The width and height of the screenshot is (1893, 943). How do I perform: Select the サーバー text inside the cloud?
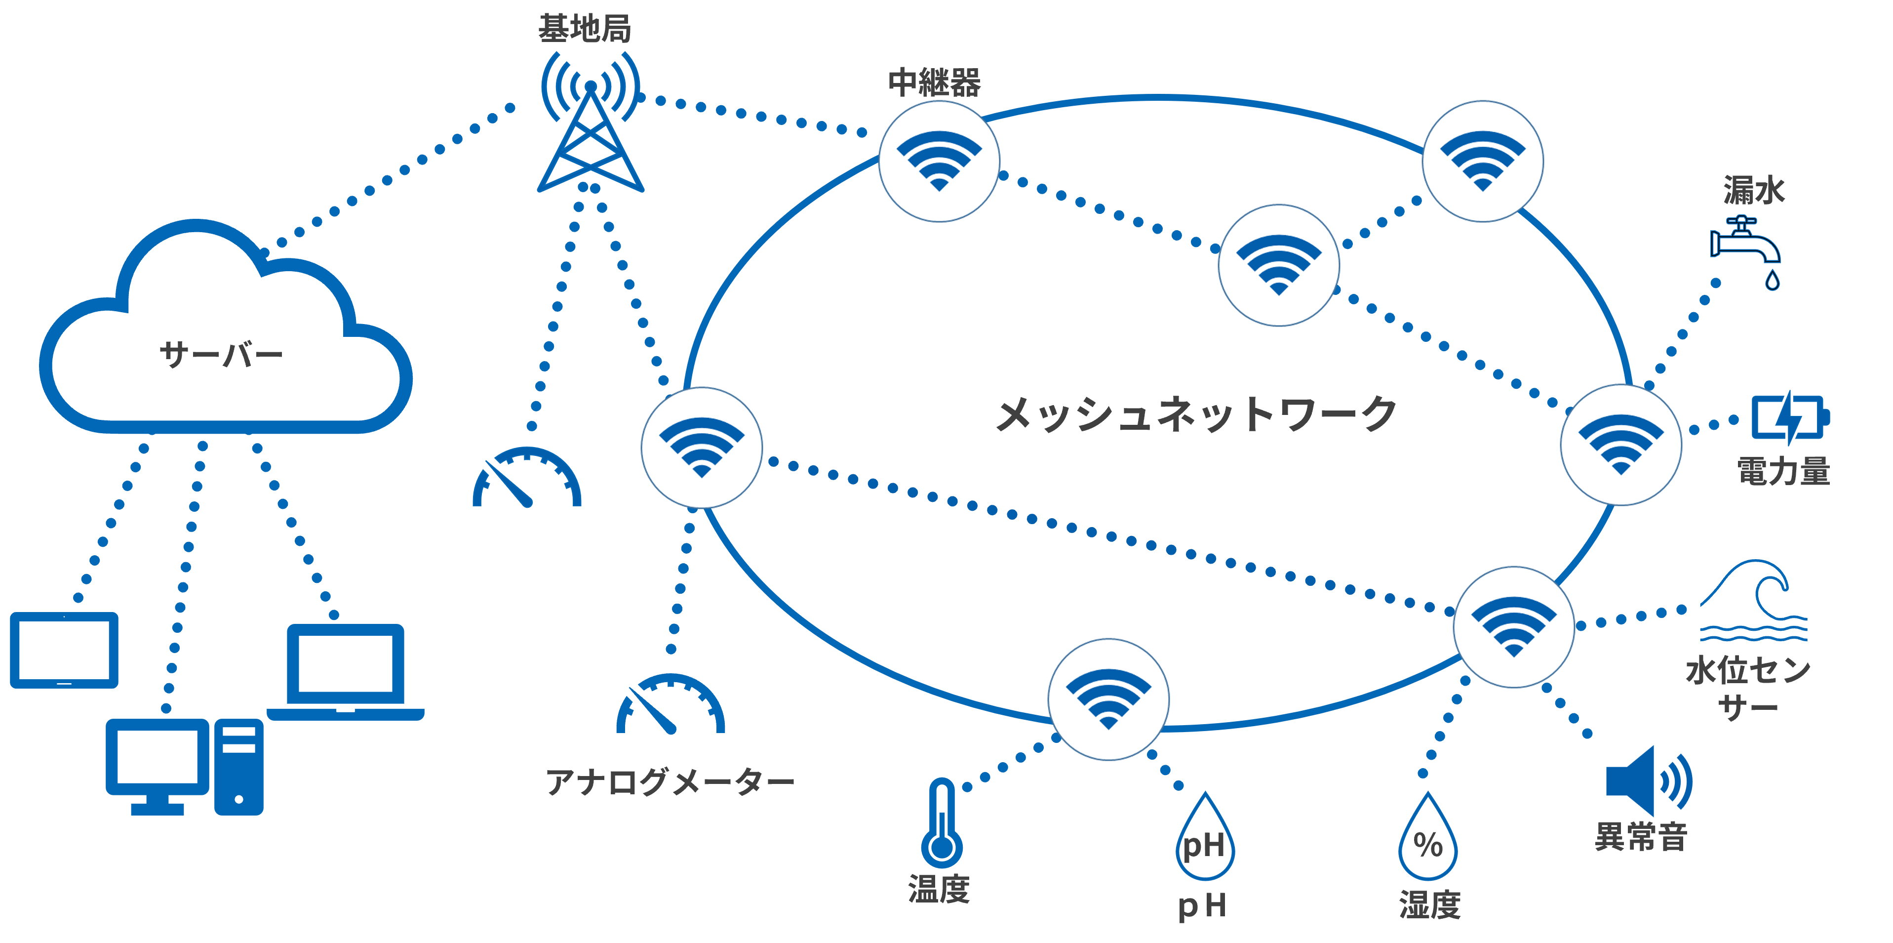coord(221,355)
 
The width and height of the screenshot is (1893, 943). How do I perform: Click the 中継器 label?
coord(934,82)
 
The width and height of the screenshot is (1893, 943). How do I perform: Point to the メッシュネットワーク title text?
coord(1196,414)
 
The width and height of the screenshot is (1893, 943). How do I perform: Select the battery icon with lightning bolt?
coord(1790,417)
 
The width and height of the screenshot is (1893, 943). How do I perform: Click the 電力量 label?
coord(1783,470)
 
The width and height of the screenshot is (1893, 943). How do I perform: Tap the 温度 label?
coord(939,889)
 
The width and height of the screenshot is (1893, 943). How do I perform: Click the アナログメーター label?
coord(670,781)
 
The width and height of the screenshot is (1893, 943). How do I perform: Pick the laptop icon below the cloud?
coord(346,672)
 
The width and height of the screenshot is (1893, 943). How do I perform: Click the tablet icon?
coord(64,650)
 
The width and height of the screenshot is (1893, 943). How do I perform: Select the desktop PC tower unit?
coord(239,767)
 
